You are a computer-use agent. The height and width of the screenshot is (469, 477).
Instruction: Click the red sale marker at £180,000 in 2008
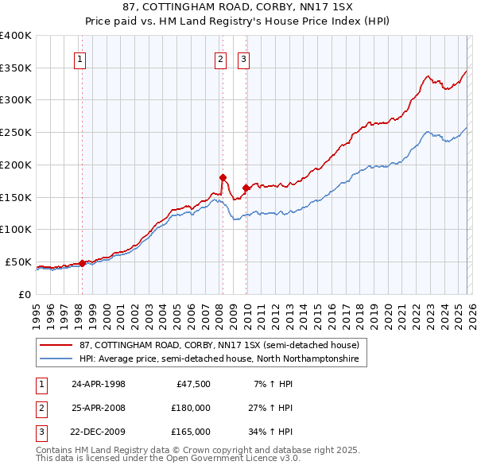point(223,177)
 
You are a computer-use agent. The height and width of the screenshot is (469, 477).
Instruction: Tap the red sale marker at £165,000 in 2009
point(246,188)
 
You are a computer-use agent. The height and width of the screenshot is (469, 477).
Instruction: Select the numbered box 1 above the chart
point(81,58)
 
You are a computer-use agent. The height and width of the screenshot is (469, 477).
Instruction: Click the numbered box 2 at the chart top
point(219,58)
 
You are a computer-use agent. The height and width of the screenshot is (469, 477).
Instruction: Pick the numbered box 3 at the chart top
point(243,58)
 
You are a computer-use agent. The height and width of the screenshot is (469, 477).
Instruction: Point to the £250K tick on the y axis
point(16,132)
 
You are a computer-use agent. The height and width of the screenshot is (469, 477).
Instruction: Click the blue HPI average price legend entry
point(219,359)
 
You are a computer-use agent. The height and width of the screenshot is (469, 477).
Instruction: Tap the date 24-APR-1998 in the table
point(99,384)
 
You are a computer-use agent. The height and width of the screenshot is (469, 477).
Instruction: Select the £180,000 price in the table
point(191,408)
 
